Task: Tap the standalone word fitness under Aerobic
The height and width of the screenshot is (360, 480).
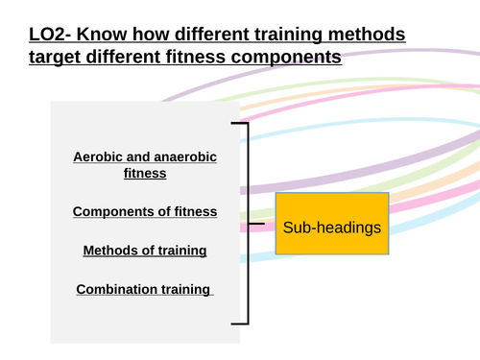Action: click(145, 174)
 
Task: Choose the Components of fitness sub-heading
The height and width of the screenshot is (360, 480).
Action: click(145, 211)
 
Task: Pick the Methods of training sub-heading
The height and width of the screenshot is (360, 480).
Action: click(145, 251)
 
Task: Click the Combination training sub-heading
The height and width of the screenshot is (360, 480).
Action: click(145, 289)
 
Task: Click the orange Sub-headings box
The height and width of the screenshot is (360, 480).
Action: click(331, 228)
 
